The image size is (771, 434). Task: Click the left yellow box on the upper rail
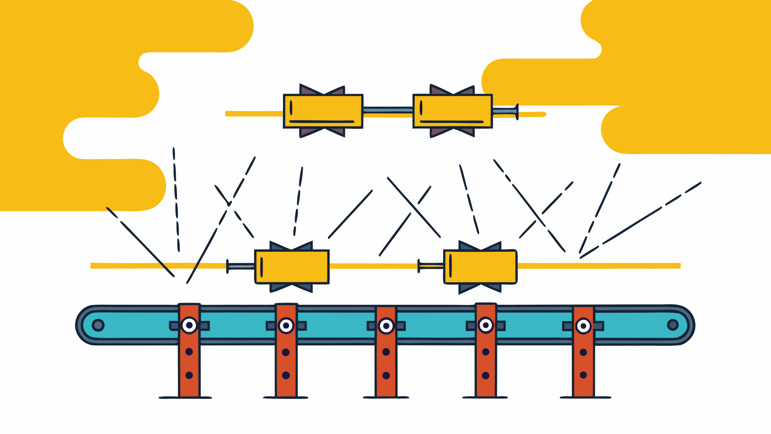pyautogui.click(x=323, y=111)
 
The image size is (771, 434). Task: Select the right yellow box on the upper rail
pyautogui.click(x=452, y=111)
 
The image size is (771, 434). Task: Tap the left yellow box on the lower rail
pyautogui.click(x=292, y=267)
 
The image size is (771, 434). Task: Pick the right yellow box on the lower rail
pyautogui.click(x=480, y=267)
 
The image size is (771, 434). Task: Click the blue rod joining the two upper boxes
pyautogui.click(x=388, y=110)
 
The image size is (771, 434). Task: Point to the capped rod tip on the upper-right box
pyautogui.click(x=516, y=111)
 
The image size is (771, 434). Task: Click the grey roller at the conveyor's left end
pyautogui.click(x=98, y=325)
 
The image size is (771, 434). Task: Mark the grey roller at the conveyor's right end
pyautogui.click(x=673, y=325)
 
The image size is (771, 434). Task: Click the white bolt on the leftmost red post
pyautogui.click(x=189, y=325)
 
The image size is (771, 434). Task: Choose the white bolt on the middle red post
pyautogui.click(x=386, y=326)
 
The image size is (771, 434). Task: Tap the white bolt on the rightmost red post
pyautogui.click(x=583, y=326)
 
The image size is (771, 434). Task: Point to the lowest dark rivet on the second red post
pyautogui.click(x=286, y=375)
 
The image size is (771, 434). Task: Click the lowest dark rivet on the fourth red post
pyautogui.click(x=486, y=375)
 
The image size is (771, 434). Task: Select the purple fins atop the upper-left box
pyautogui.click(x=322, y=90)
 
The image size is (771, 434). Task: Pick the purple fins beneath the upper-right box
pyautogui.click(x=452, y=132)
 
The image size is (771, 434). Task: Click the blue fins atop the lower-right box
pyautogui.click(x=480, y=246)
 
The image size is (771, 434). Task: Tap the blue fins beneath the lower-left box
pyautogui.click(x=291, y=288)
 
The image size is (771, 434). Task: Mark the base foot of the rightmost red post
pyautogui.click(x=585, y=397)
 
